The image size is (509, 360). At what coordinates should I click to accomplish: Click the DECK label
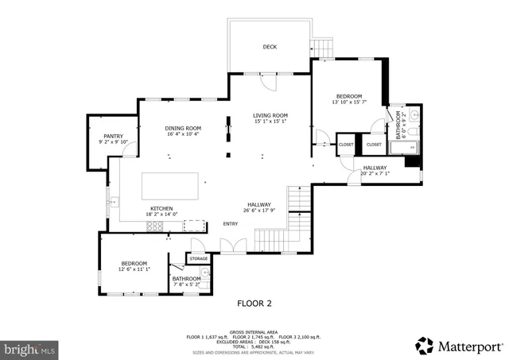tap(270, 47)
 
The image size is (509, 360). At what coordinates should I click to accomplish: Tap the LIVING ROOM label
tap(270, 115)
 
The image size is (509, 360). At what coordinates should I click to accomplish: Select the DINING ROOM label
tap(183, 128)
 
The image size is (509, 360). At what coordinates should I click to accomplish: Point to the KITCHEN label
tap(163, 208)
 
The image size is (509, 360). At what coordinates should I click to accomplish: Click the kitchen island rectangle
tap(170, 186)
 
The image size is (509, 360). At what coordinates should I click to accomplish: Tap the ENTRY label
tap(231, 223)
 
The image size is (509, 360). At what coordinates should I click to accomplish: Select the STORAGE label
tap(198, 258)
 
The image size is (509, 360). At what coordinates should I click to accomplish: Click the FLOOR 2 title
tap(254, 303)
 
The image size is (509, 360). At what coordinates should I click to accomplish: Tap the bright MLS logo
tap(29, 348)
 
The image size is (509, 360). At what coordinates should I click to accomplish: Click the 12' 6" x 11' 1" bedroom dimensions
tap(134, 269)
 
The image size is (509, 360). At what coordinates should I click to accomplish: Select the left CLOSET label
tap(346, 145)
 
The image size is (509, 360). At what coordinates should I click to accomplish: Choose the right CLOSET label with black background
tap(374, 145)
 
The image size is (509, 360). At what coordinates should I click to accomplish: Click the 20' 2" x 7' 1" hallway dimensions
tap(375, 174)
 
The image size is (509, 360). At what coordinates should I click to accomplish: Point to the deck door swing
tap(270, 80)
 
